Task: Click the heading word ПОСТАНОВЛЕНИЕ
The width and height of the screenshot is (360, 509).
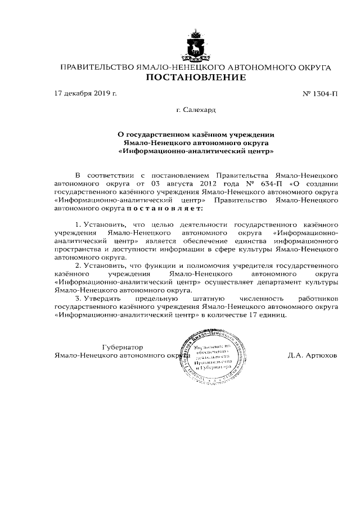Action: click(x=195, y=78)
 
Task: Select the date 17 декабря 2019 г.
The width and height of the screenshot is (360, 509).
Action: click(x=85, y=93)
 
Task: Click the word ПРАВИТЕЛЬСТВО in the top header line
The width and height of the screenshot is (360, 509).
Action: click(x=96, y=67)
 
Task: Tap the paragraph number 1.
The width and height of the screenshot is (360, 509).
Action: click(x=78, y=225)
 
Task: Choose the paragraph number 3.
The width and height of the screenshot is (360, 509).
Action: click(x=78, y=298)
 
